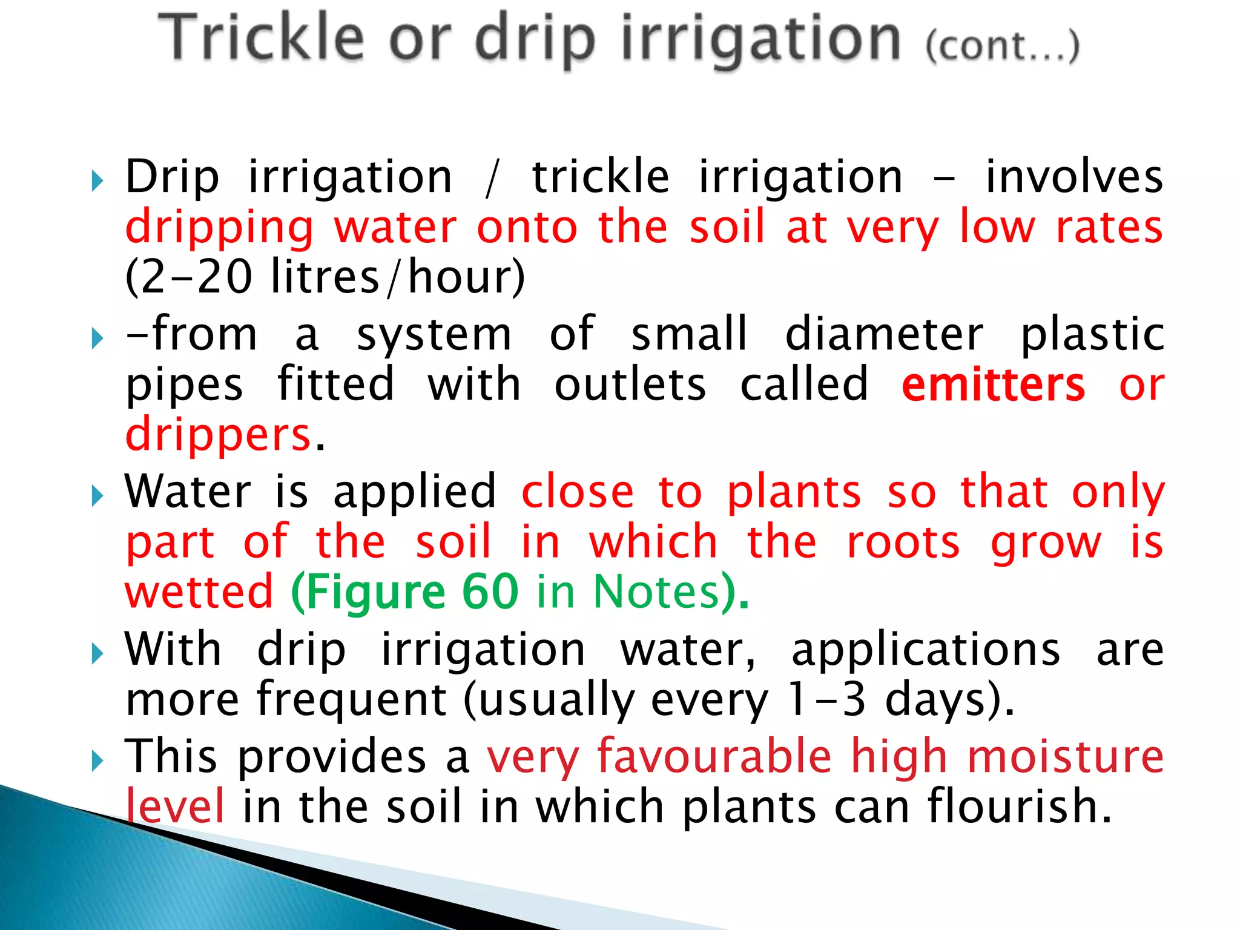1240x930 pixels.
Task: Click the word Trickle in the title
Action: tap(262, 38)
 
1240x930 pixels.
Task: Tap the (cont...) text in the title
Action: tap(1002, 45)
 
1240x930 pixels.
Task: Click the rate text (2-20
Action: tap(188, 277)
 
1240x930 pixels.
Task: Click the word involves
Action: tap(1073, 177)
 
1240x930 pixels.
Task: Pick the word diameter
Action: tap(884, 334)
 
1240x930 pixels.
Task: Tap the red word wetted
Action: tap(199, 592)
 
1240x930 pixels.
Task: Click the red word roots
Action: tap(903, 541)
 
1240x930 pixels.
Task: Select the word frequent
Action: tap(351, 699)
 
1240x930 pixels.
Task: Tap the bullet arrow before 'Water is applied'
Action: tap(97, 496)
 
